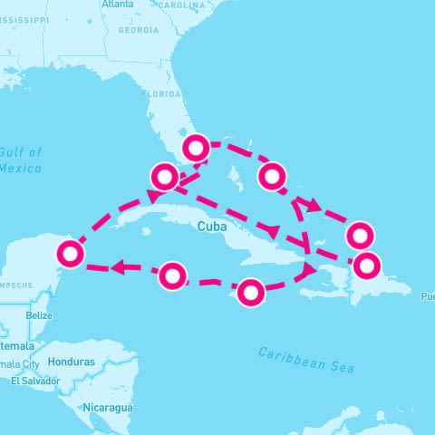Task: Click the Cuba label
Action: tap(210, 227)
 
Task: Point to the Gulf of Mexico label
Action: tap(21, 160)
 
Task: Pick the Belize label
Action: tap(39, 315)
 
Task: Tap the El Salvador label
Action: tap(35, 382)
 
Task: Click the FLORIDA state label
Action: tap(160, 94)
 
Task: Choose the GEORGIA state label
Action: tap(138, 30)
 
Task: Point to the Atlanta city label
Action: tap(118, 5)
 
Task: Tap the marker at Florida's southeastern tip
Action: tap(197, 147)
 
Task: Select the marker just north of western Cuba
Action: tap(164, 177)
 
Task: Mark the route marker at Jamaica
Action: tap(251, 292)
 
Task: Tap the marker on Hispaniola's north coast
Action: tap(367, 266)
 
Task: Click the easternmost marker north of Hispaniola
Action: tap(361, 235)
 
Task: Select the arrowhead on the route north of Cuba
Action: tap(269, 228)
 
